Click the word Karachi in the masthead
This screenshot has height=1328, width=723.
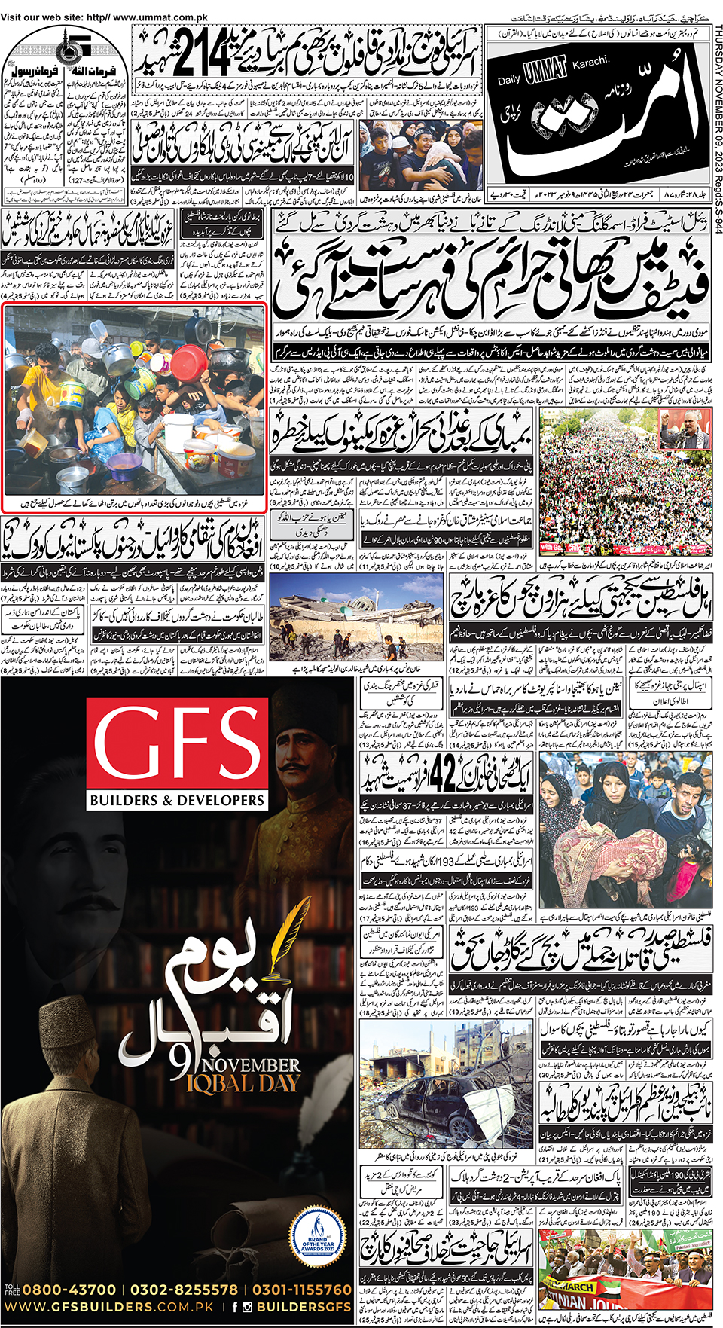pos(590,63)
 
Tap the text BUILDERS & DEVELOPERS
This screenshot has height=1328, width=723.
pos(177,800)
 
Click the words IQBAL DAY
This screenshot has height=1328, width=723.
pos(243,1083)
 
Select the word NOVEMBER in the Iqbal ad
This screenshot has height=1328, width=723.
pos(251,1065)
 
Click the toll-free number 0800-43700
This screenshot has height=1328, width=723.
pos(69,1290)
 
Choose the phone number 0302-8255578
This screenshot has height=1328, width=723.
pos(184,1290)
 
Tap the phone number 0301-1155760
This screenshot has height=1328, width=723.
pos(301,1290)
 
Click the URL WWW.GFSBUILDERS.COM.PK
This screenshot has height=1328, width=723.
pos(109,1307)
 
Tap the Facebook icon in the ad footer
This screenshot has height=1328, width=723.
pos(235,1307)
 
